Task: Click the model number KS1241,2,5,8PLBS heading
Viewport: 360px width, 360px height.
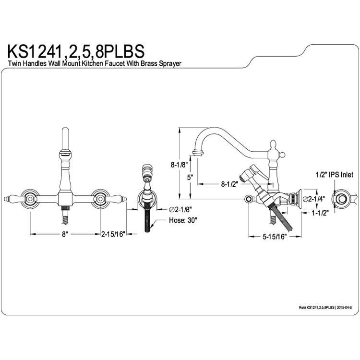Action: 76,52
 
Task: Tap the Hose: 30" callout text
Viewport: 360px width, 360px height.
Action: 183,220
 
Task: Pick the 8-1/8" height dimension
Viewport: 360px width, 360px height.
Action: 180,165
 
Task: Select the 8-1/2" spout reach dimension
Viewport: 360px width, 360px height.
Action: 229,184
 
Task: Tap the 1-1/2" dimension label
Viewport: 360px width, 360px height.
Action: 320,213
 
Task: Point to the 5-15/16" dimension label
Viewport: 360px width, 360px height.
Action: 275,237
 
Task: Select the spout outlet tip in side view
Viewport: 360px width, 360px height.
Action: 198,153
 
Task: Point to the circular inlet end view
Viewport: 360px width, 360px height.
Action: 341,198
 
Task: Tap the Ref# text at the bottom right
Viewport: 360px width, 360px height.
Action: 325,307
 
